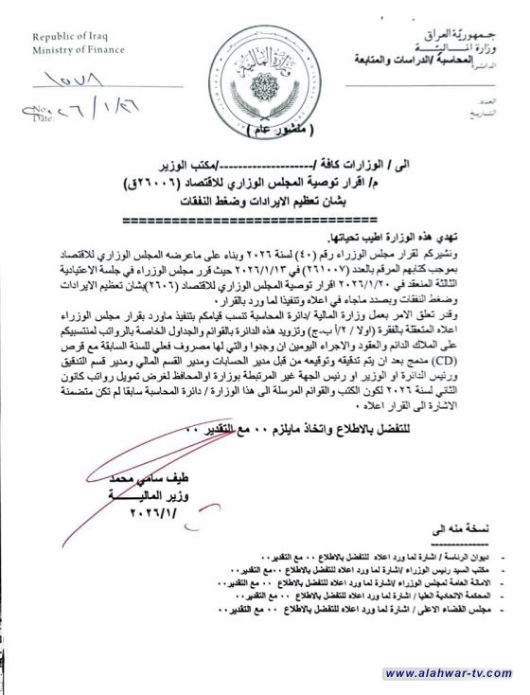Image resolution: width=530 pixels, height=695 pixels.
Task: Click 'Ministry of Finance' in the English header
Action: pos(72,48)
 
